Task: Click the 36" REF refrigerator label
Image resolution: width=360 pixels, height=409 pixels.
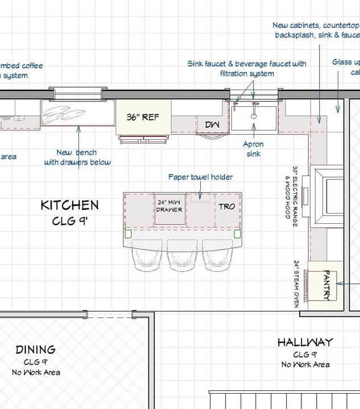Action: click(x=142, y=118)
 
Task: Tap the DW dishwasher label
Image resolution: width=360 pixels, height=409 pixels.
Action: click(x=211, y=124)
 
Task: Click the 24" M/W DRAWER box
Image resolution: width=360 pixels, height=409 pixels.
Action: click(x=169, y=206)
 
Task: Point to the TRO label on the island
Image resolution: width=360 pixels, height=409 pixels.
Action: click(x=226, y=206)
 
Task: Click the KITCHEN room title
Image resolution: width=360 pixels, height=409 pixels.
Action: click(x=69, y=205)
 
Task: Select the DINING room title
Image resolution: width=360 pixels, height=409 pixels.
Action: click(x=35, y=349)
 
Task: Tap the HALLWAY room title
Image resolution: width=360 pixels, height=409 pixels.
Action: click(x=305, y=342)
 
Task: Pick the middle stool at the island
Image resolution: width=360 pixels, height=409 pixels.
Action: click(x=182, y=256)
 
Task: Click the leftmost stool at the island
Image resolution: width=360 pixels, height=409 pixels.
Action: click(x=147, y=256)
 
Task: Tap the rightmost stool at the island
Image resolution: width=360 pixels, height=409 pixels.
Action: click(x=217, y=256)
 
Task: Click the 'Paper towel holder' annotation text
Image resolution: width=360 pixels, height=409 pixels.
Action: click(x=200, y=177)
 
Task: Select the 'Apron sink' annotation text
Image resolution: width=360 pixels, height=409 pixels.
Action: click(x=254, y=149)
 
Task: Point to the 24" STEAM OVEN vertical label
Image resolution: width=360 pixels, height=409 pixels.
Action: click(x=296, y=284)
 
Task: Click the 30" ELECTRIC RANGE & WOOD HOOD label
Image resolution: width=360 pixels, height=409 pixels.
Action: click(x=291, y=193)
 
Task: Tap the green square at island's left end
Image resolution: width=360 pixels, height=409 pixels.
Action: click(x=128, y=233)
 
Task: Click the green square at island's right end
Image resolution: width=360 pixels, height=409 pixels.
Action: click(x=237, y=233)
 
